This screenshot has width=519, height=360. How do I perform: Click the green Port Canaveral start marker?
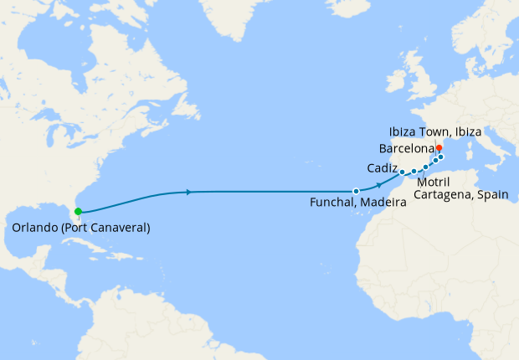click(78, 212)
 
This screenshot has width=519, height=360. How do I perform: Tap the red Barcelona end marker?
click(439, 147)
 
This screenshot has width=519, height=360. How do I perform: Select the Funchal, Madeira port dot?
click(356, 191)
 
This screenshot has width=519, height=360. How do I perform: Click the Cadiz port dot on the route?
click(403, 172)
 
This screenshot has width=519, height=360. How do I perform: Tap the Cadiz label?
click(382, 167)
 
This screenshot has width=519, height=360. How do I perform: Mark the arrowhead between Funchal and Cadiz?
click(381, 184)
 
